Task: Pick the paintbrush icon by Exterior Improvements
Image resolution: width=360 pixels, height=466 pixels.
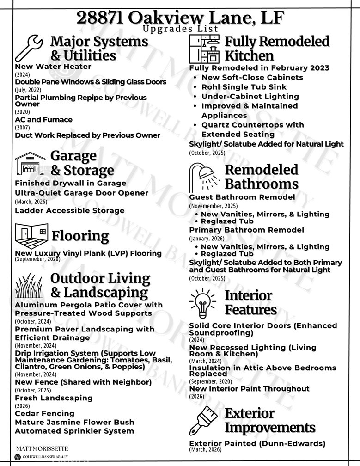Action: click(204, 420)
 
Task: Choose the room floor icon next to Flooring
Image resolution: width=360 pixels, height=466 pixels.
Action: click(31, 236)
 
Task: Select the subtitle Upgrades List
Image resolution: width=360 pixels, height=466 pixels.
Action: click(180, 29)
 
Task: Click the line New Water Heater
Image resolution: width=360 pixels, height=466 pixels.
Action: click(53, 67)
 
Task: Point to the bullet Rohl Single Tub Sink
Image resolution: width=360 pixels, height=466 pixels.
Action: click(244, 87)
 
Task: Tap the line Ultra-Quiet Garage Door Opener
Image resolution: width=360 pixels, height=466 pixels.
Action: click(81, 193)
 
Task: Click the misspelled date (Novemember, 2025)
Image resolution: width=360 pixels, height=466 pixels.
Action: click(213, 206)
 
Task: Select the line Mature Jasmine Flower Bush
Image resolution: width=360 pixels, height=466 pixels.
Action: click(74, 422)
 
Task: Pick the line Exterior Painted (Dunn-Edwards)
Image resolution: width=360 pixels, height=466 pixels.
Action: click(257, 443)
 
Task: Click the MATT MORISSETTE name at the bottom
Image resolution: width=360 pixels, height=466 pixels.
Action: click(42, 448)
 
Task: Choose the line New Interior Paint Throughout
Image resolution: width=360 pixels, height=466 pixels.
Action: click(249, 389)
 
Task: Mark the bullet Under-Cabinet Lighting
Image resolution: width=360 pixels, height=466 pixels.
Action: click(250, 97)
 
